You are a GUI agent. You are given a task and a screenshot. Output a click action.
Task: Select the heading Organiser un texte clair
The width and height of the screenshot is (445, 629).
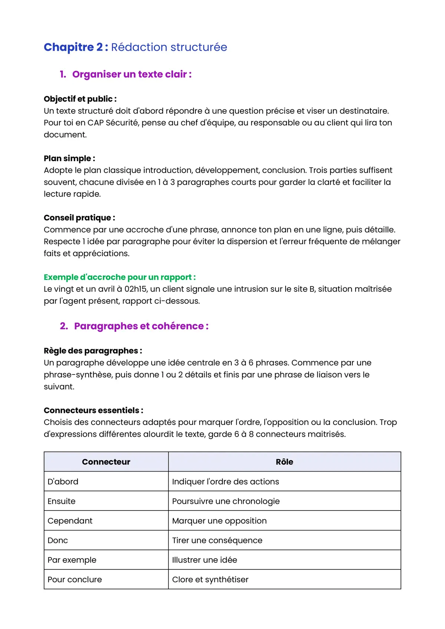(x=132, y=74)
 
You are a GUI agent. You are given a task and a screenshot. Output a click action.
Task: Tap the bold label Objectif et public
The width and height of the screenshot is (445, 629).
(x=80, y=99)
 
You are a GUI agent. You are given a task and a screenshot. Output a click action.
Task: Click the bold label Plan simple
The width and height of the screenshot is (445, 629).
(x=69, y=159)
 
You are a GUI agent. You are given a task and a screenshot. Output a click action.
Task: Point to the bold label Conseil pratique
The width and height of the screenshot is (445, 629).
(x=79, y=218)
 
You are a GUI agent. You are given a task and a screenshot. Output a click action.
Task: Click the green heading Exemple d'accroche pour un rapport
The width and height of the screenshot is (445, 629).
(x=119, y=277)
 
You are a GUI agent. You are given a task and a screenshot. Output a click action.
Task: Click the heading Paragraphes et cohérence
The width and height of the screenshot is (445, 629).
(x=141, y=326)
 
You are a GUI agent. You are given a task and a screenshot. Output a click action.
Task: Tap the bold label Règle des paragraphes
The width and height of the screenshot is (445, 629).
(x=93, y=351)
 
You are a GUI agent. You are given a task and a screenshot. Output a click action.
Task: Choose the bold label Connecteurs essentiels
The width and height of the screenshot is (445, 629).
(x=93, y=410)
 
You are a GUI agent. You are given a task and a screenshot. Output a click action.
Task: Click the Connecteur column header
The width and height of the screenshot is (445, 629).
(x=106, y=462)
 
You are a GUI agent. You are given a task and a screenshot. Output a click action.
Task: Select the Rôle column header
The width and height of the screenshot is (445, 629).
(x=284, y=462)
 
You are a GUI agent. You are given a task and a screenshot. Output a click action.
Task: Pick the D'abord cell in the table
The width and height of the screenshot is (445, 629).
(x=63, y=482)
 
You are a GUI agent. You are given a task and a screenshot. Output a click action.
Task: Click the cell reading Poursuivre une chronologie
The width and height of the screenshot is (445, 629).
(x=226, y=501)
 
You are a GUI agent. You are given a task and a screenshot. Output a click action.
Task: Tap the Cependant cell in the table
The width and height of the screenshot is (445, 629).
(x=70, y=521)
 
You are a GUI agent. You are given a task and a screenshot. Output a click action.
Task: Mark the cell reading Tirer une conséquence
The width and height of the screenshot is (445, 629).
(x=217, y=540)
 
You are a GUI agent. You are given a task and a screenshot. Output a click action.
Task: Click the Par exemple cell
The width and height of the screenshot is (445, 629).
(x=72, y=560)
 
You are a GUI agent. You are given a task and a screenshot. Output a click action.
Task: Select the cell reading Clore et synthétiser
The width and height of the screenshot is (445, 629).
(x=210, y=580)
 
